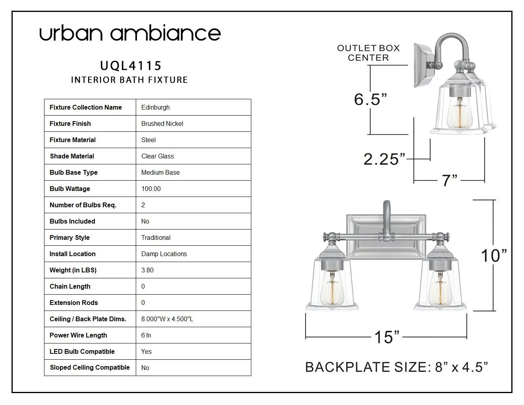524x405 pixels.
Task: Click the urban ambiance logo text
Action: tap(130, 33)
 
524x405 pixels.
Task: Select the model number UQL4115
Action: tap(131, 66)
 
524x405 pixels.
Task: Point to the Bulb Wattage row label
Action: tap(70, 189)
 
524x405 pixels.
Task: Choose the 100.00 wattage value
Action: tap(151, 189)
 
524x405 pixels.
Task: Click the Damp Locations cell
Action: tap(164, 254)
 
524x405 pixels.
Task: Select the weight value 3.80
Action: tap(147, 270)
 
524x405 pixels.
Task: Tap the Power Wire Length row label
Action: tap(78, 335)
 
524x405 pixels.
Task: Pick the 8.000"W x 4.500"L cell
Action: tap(167, 319)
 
